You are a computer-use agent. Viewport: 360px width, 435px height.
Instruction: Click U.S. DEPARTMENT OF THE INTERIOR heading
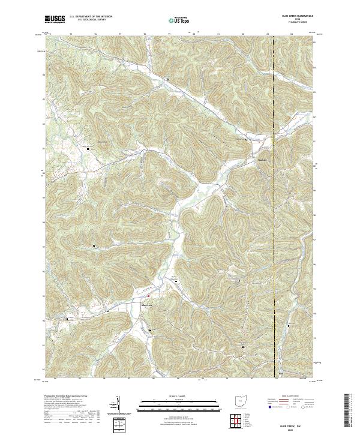point(91,17)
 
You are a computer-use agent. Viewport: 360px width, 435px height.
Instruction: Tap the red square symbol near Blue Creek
point(149,295)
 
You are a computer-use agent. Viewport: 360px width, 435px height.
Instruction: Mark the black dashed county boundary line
point(274,180)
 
